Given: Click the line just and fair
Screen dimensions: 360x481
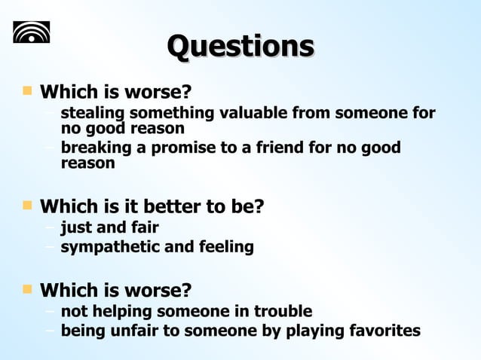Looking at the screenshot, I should point(109,227).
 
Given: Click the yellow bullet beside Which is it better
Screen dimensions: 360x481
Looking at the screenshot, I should point(28,204).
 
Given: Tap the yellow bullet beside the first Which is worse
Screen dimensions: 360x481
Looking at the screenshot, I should point(28,91).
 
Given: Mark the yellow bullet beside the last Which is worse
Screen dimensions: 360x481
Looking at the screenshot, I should point(28,288).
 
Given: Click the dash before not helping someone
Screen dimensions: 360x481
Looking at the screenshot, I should point(50,311).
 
